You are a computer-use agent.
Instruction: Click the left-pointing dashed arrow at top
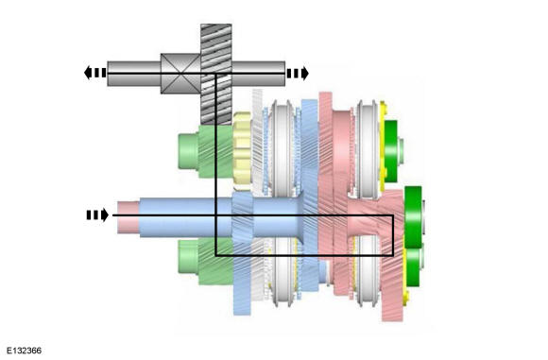(94, 73)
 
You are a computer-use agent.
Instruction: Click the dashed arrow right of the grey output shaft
(298, 73)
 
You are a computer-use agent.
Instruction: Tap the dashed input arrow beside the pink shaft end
(97, 214)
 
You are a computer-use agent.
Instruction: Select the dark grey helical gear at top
(216, 74)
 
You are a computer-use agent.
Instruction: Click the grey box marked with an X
(180, 74)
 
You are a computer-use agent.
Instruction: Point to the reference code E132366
(25, 351)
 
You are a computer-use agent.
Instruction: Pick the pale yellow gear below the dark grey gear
(242, 151)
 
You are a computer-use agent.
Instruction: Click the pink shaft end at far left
(128, 217)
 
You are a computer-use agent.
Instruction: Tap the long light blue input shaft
(220, 217)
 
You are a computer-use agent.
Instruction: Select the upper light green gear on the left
(206, 152)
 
